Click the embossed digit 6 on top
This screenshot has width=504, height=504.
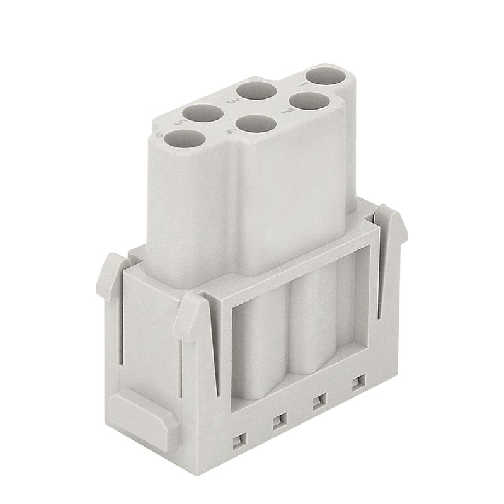pos(159,134)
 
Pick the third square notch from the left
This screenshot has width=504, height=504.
pos(319,401)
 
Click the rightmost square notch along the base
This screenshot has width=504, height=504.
pos(358,382)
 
